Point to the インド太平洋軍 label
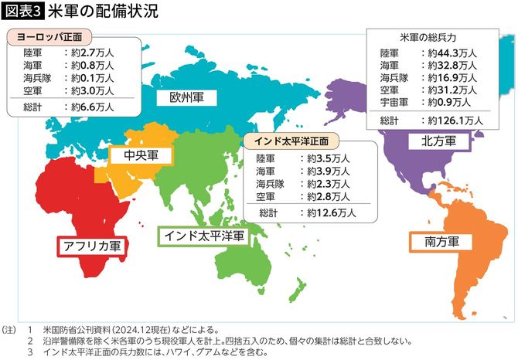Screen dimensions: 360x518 pyautogui.click(x=203, y=236)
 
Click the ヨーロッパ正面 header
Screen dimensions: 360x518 pyautogui.click(x=49, y=36)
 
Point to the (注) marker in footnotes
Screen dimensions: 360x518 pyautogui.click(x=9, y=328)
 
